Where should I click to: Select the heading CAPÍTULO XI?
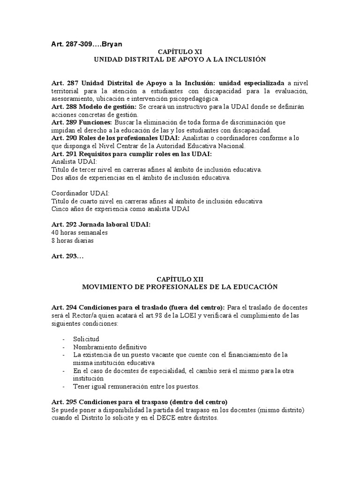pyautogui.click(x=180, y=52)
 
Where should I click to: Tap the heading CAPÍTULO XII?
pyautogui.click(x=180, y=278)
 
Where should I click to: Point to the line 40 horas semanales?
pyautogui.click(x=79, y=232)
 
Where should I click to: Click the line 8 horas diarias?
pyautogui.click(x=73, y=240)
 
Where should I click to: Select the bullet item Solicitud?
pyautogui.click(x=86, y=339)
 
